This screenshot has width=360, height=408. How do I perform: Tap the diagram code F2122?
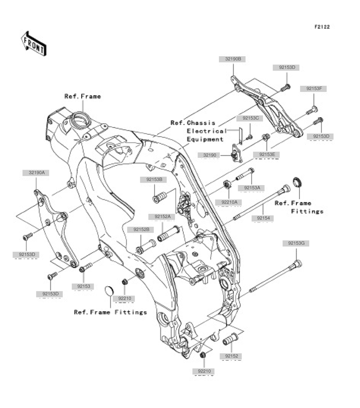(x=322, y=27)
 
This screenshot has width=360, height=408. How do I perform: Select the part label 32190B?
(x=232, y=59)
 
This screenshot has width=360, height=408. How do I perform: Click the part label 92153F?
(x=314, y=89)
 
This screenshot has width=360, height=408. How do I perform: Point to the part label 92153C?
(x=250, y=118)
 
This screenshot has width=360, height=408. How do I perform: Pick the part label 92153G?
(x=296, y=244)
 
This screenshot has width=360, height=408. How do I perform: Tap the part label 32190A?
(x=36, y=172)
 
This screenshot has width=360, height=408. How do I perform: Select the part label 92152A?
(x=162, y=217)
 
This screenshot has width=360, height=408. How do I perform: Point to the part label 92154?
(x=264, y=218)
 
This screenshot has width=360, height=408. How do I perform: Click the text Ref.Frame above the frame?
(x=83, y=96)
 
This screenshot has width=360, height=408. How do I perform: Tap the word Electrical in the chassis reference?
(x=206, y=131)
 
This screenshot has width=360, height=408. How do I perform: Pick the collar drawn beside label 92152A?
(x=168, y=235)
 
